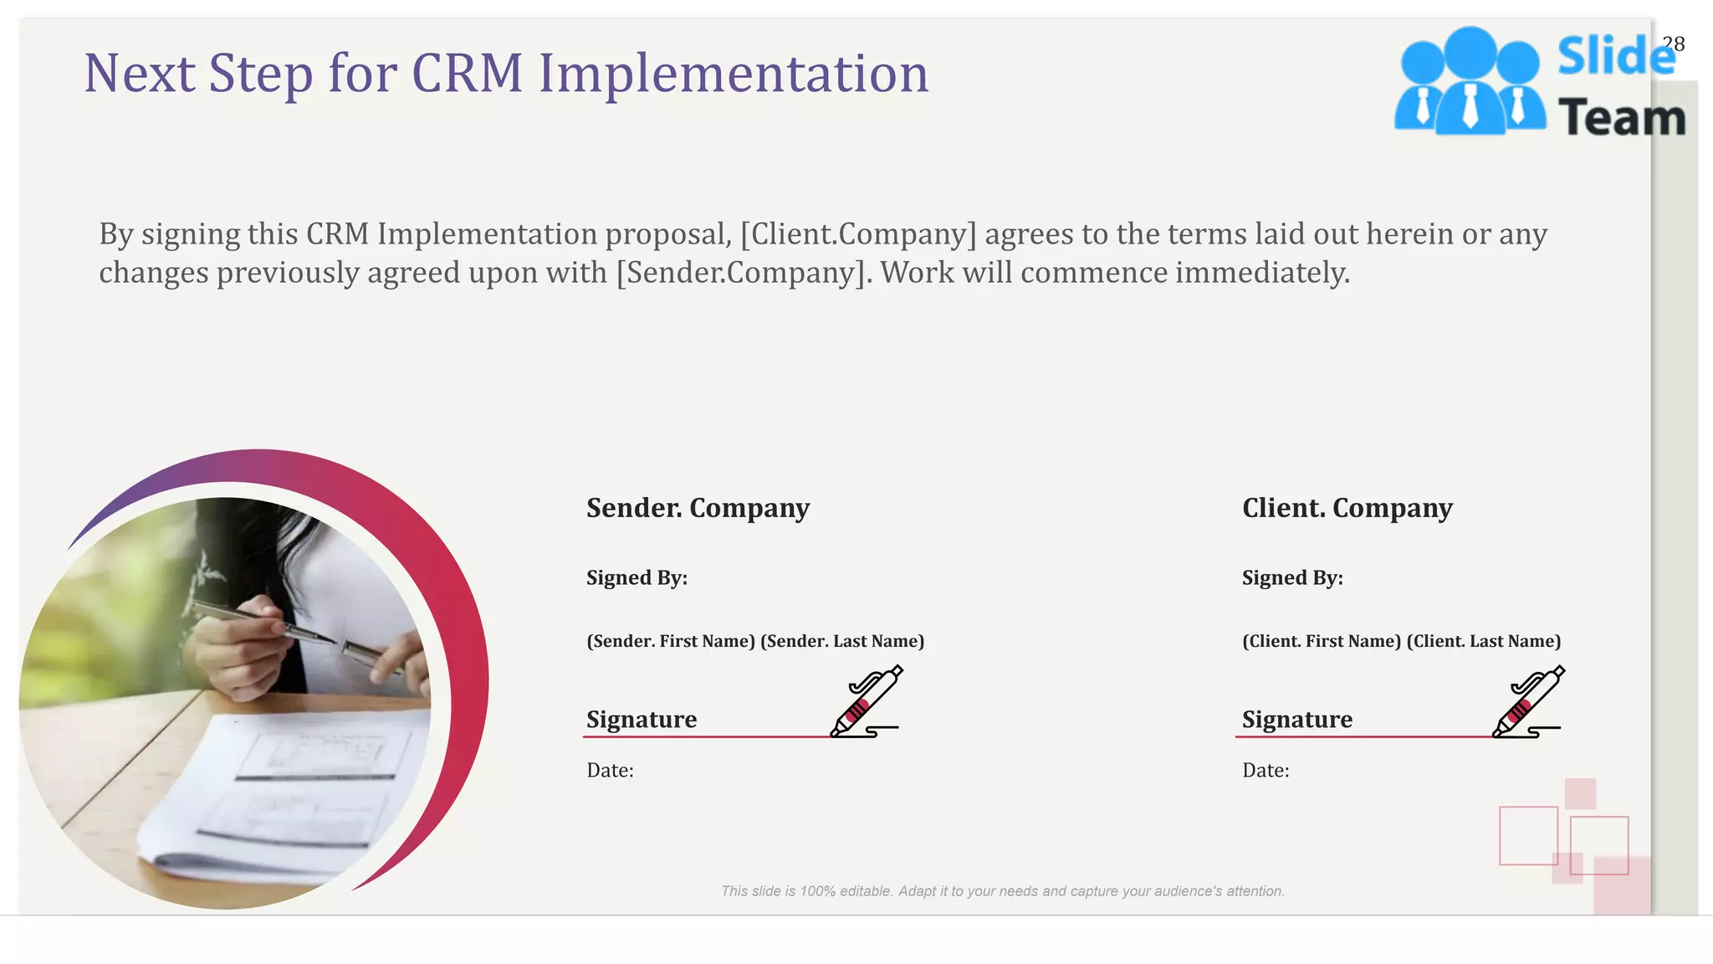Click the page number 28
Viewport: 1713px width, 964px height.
point(1673,44)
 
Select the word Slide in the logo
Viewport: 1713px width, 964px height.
point(1615,57)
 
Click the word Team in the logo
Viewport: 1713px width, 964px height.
point(1622,118)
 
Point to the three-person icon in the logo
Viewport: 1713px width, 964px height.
point(1470,82)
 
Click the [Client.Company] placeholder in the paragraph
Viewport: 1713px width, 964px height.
point(858,234)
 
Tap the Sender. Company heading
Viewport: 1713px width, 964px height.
point(698,508)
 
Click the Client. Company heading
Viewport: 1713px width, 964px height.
point(1347,508)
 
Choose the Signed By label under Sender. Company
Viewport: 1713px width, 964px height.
point(637,578)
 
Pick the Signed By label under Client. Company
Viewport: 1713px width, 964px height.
point(1292,578)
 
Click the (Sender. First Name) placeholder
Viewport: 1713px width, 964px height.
point(671,641)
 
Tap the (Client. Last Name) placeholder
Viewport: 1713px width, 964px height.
point(1484,641)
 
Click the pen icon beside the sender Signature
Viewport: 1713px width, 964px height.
point(867,701)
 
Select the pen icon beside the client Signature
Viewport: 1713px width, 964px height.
point(1529,701)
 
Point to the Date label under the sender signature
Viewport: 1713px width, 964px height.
point(610,771)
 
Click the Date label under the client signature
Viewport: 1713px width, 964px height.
point(1266,771)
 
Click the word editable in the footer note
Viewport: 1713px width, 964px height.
point(866,891)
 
